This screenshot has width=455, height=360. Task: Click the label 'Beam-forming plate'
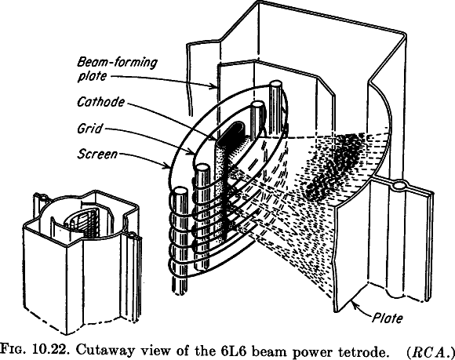point(106,68)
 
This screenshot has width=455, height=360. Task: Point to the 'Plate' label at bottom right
point(385,318)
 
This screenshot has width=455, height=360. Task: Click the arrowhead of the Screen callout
point(167,167)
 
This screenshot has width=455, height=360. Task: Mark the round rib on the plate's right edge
point(400,187)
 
